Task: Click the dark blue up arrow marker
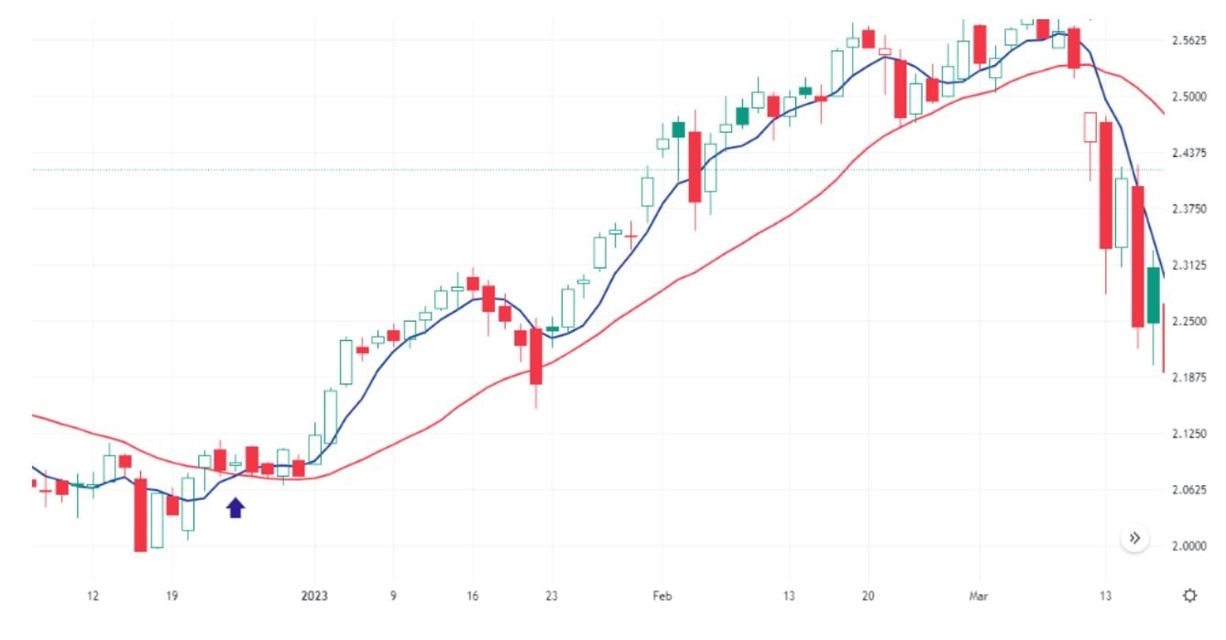[236, 507]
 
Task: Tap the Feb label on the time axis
[662, 596]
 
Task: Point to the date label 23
[551, 596]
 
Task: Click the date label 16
[472, 596]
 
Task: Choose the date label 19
[171, 596]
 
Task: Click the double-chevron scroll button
[1134, 538]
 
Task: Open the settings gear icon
[1189, 596]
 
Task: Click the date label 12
[93, 596]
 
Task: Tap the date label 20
[868, 596]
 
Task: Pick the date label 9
[393, 596]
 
